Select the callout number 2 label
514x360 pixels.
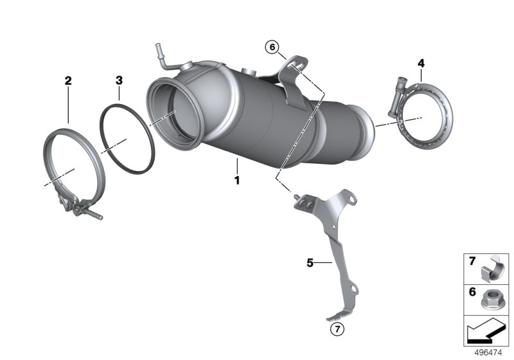(x=68, y=81)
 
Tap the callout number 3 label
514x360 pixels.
(x=119, y=80)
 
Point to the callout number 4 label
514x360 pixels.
(x=421, y=63)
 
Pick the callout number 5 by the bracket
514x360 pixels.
(x=310, y=262)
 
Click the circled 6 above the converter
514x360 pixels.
(x=272, y=46)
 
